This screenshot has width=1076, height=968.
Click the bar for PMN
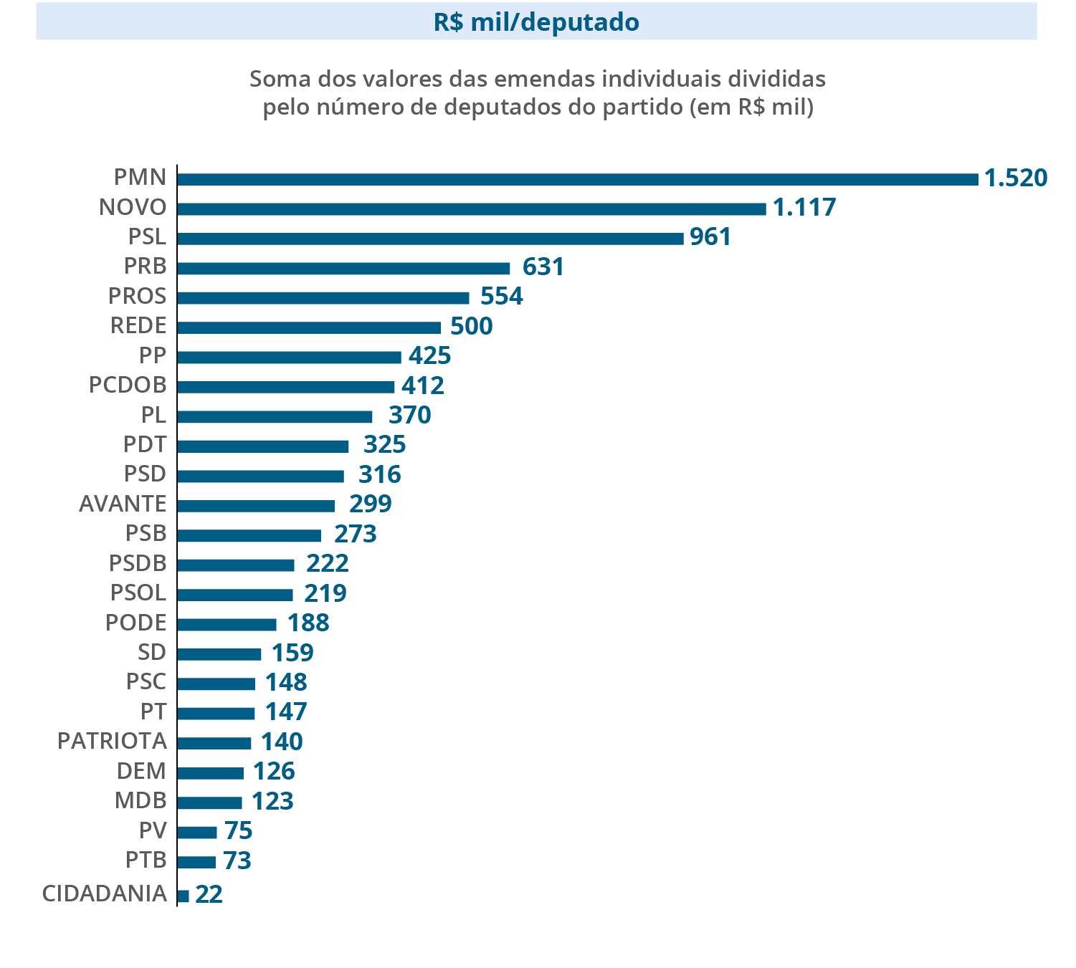click(x=577, y=179)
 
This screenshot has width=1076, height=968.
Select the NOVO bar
click(x=471, y=209)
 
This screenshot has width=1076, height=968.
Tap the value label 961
click(x=710, y=237)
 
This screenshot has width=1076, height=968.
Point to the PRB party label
click(x=145, y=267)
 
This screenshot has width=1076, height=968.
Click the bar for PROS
click(x=323, y=297)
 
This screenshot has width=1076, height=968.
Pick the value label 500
click(x=472, y=327)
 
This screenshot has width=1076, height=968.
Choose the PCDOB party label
click(x=128, y=385)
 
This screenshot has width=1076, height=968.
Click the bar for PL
click(x=275, y=416)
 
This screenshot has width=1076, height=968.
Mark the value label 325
click(x=385, y=445)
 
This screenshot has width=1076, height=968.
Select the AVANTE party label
click(x=123, y=504)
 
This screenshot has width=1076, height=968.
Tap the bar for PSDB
click(x=235, y=565)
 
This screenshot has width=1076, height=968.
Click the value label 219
click(x=325, y=594)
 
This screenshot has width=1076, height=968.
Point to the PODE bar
click(x=227, y=624)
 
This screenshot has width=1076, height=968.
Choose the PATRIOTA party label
click(x=112, y=742)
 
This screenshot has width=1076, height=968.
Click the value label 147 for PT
click(x=286, y=712)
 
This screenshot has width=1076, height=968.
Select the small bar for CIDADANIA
click(x=183, y=896)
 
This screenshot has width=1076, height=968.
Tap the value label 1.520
click(x=1016, y=178)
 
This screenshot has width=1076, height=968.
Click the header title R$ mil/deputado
click(x=536, y=22)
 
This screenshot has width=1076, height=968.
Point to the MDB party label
click(x=141, y=801)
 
